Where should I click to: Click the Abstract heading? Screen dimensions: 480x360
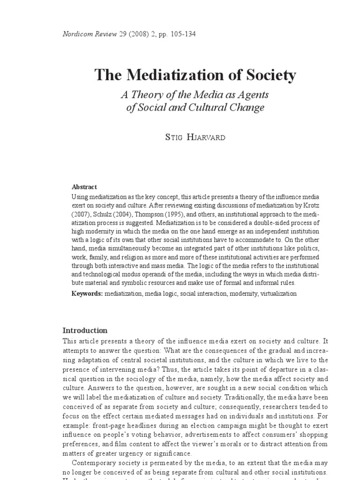84,187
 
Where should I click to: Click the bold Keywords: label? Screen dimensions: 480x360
87,293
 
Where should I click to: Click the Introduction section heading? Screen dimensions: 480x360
85,330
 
